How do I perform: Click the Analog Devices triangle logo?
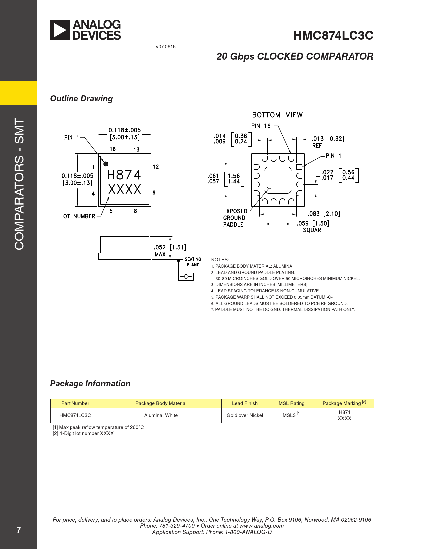pyautogui.click(x=60, y=30)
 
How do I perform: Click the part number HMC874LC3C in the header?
pyautogui.click(x=333, y=35)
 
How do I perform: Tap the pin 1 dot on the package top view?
pyautogui.click(x=106, y=164)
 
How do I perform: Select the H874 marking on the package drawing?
pyautogui.click(x=124, y=175)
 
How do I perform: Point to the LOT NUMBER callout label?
pyautogui.click(x=77, y=216)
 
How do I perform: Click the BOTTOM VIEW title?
pyautogui.click(x=277, y=115)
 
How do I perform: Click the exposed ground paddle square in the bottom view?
pyautogui.click(x=278, y=180)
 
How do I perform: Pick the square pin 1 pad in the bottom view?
pyautogui.click(x=299, y=167)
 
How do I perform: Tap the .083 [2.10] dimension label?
pyautogui.click(x=324, y=214)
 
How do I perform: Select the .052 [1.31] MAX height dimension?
pyautogui.click(x=170, y=250)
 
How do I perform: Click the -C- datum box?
pyautogui.click(x=186, y=276)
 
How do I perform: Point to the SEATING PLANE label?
pyautogui.click(x=193, y=262)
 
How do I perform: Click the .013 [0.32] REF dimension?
pyautogui.click(x=328, y=142)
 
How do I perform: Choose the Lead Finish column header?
pyautogui.click(x=245, y=403)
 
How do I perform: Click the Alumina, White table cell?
pyautogui.click(x=161, y=415)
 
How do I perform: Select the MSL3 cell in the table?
pyautogui.click(x=291, y=415)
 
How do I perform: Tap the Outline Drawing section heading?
pyautogui.click(x=81, y=99)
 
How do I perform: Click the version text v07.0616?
pyautogui.click(x=166, y=47)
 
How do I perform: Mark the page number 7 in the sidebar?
pyautogui.click(x=19, y=530)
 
